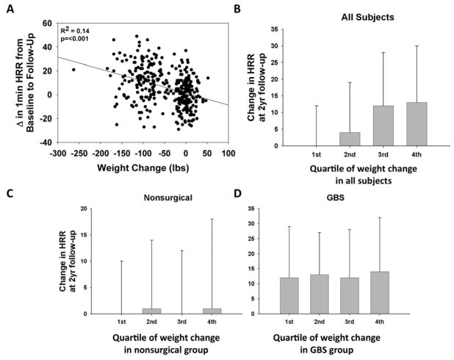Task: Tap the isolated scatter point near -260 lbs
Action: click(73, 70)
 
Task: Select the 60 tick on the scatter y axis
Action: click(46, 24)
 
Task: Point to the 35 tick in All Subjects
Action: click(292, 30)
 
